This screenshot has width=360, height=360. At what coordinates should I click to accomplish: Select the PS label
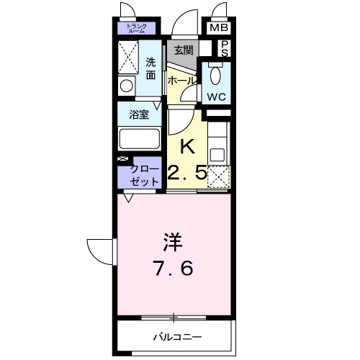(x=224, y=48)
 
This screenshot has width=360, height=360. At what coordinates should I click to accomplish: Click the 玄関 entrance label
(x=183, y=50)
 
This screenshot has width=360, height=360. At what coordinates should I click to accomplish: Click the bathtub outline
(x=140, y=138)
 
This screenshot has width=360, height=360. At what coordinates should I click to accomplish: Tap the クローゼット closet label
(x=142, y=175)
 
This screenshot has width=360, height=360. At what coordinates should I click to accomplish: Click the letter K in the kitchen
(x=186, y=145)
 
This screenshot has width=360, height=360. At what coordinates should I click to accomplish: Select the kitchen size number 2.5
(x=187, y=174)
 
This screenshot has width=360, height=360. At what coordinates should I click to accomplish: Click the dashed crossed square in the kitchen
(x=217, y=176)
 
